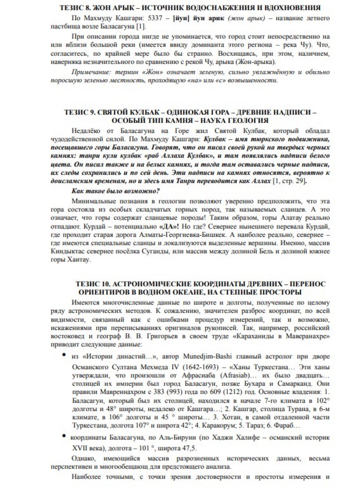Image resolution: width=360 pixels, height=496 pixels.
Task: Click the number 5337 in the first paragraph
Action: point(155,18)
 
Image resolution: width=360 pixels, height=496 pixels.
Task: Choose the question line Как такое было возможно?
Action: point(116,191)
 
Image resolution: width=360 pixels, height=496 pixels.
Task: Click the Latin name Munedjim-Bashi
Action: point(208,356)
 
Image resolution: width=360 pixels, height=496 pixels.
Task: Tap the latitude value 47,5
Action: point(189,448)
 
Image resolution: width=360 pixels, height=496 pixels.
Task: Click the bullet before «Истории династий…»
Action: point(64,355)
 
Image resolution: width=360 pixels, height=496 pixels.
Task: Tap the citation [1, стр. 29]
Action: point(289,181)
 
